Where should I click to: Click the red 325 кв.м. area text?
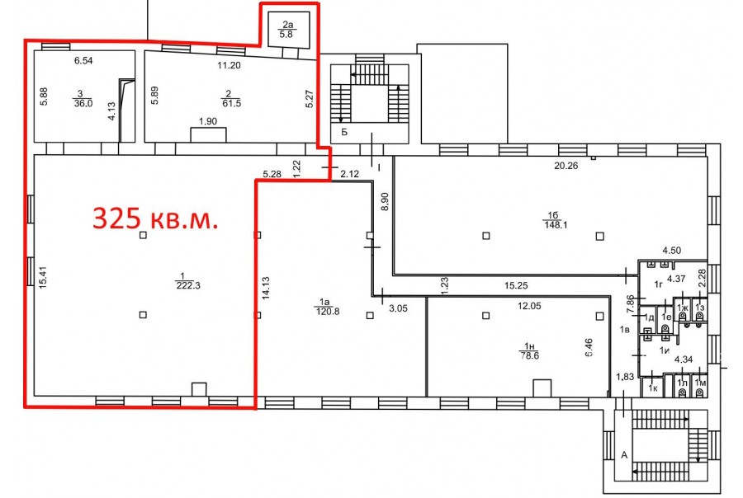point(155,218)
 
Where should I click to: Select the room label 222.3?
point(188,285)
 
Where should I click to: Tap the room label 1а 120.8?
point(328,307)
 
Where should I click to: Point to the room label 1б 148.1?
point(556,221)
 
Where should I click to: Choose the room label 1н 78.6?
point(529,351)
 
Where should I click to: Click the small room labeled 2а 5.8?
point(288,30)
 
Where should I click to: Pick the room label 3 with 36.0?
point(83,99)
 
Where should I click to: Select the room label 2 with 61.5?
point(231,99)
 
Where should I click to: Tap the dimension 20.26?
point(566,166)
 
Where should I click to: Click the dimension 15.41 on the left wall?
point(43,278)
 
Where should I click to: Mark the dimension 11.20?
point(229,65)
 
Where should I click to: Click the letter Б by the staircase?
point(344,132)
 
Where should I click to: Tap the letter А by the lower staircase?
point(624,455)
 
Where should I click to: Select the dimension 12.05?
point(529,306)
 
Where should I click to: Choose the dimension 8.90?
point(385,201)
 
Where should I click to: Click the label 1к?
point(653,388)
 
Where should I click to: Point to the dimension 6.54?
point(83,60)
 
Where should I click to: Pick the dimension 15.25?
point(516,285)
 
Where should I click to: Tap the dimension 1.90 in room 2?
point(208,121)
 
